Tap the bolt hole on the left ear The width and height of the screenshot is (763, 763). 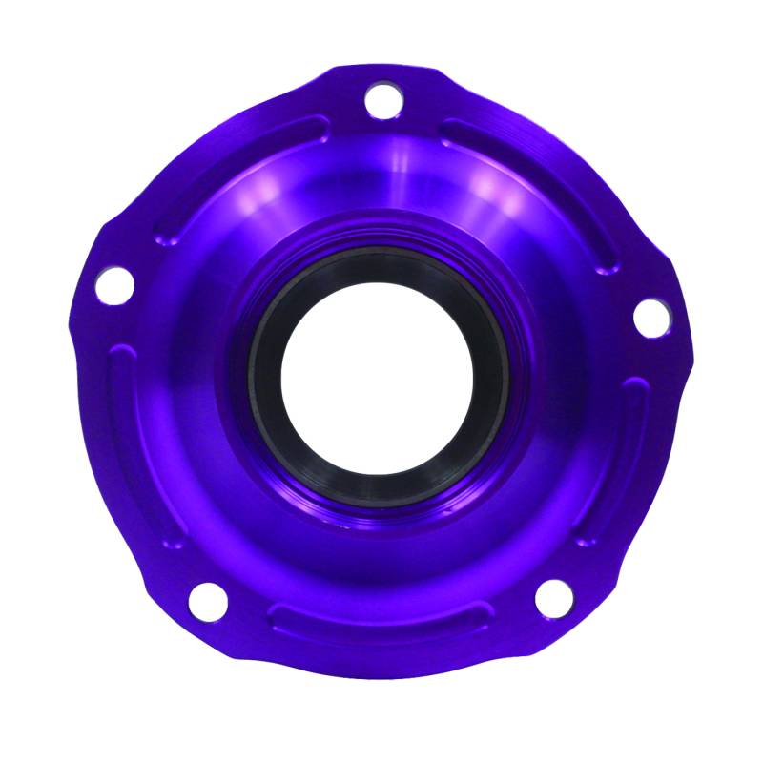(113, 284)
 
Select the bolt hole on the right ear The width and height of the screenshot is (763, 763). (650, 318)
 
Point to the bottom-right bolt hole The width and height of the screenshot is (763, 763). (553, 597)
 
